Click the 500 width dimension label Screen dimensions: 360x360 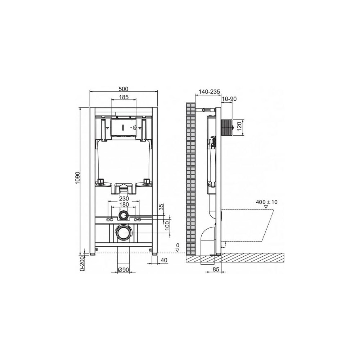pos(124,89)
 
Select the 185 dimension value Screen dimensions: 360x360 pos(124,97)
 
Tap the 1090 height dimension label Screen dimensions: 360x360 pos(77,177)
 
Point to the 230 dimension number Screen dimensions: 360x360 pos(124,198)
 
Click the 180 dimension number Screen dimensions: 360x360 pos(124,204)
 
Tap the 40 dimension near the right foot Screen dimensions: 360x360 pos(164,260)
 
